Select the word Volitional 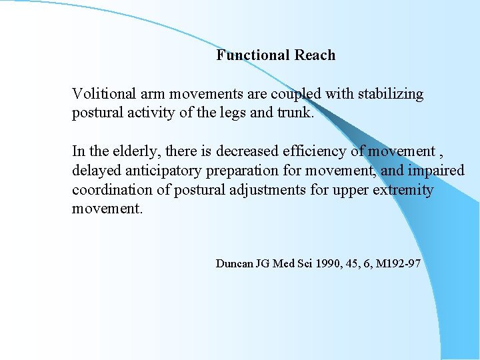pos(103,94)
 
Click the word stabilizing pos(391,94)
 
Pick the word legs pos(249,113)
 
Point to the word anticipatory pos(165,171)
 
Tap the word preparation pos(257,171)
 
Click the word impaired pos(436,171)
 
